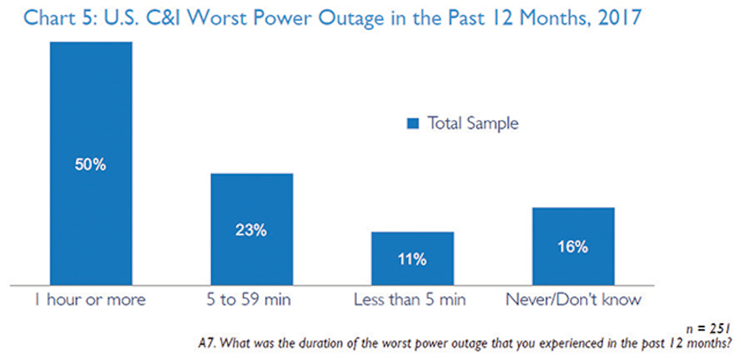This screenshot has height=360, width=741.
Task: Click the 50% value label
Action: [x=91, y=167]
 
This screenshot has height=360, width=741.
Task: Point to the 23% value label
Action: [x=251, y=230]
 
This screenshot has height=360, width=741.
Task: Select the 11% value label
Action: [x=412, y=260]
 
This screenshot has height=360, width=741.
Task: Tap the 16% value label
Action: [x=572, y=247]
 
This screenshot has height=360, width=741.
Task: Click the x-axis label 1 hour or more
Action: [x=91, y=301]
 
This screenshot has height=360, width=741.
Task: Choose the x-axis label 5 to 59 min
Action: [x=251, y=301]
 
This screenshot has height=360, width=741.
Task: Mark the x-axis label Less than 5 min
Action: [x=410, y=301]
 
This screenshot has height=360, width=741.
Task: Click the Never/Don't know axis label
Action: [x=574, y=301]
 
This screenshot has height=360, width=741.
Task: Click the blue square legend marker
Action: [x=412, y=124]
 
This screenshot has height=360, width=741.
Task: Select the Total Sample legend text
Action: [x=473, y=123]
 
